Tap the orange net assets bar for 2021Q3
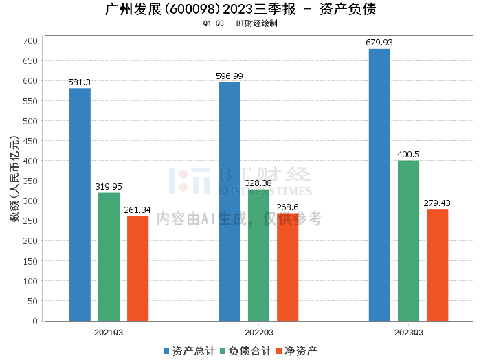[x=137, y=268]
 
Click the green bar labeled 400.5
[x=408, y=240]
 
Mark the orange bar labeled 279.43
[x=437, y=265]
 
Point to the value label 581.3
[x=80, y=82]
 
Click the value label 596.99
[x=230, y=76]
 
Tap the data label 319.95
[x=109, y=187]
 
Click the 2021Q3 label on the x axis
[x=109, y=332]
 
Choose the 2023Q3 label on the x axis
[x=408, y=332]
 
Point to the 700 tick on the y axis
[x=31, y=41]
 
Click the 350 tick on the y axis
[x=31, y=181]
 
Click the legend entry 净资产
[x=296, y=351]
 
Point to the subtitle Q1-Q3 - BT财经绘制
[x=240, y=23]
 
